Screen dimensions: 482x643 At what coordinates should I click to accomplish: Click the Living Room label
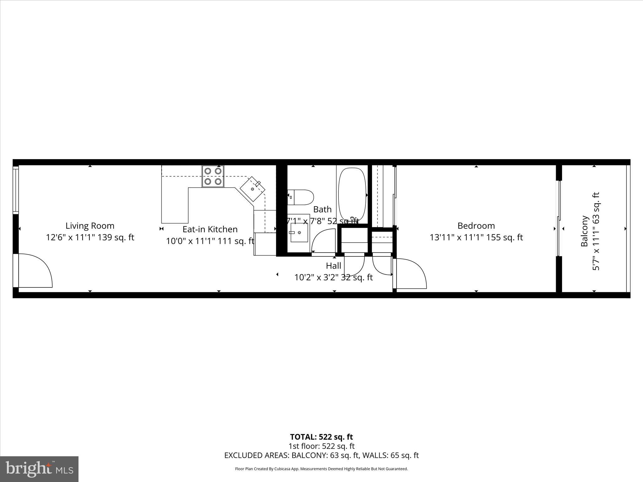90,226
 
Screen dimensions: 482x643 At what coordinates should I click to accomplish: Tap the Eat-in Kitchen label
210,229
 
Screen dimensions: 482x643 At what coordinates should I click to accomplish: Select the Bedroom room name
476,226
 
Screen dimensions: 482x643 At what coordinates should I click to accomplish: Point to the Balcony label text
584,231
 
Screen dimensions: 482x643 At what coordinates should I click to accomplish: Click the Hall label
333,266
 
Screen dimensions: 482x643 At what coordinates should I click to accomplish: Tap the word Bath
322,209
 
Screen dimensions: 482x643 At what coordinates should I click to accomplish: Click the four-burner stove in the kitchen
213,176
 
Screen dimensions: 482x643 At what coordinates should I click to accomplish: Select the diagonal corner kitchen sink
252,189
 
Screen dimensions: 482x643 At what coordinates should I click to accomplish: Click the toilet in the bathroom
301,197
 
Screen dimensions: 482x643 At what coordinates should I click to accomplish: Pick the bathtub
352,195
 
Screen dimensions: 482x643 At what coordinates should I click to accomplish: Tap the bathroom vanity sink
299,233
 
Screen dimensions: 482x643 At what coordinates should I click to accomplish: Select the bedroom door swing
411,273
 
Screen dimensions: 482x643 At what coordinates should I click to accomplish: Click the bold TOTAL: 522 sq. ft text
321,437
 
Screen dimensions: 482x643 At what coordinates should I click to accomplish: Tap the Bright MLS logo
39,469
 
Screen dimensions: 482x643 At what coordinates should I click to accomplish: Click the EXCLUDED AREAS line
321,455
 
